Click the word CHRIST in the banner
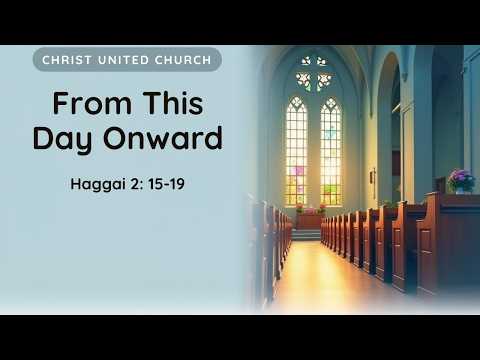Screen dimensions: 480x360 point(66,60)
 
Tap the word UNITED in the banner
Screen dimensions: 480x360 point(123,60)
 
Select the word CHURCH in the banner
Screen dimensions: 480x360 point(183,60)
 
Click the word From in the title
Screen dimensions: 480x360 point(92,103)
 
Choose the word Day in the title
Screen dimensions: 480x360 point(62,138)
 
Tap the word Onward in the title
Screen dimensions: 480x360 point(163,138)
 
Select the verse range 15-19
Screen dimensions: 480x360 point(166,184)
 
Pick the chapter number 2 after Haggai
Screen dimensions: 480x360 point(136,184)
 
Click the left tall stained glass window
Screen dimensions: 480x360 point(296,151)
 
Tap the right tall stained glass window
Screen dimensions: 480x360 point(331,151)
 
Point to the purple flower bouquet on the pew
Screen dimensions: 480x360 point(461,181)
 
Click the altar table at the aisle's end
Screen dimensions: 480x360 point(310,221)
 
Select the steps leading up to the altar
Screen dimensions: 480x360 point(306,235)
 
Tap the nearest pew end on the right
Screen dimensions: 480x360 point(430,243)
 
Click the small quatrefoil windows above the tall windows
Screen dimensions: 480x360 point(314,74)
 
